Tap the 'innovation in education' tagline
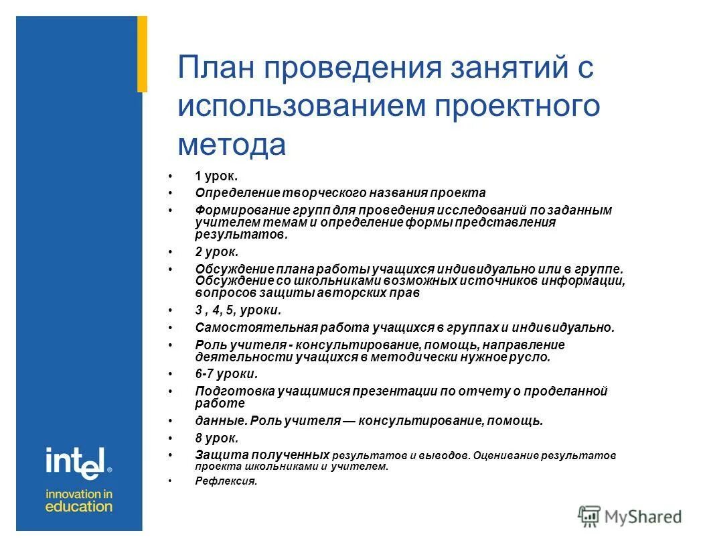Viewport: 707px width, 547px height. click(x=79, y=500)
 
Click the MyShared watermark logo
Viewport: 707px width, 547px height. click(x=630, y=516)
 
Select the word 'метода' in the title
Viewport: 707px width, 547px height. click(x=232, y=145)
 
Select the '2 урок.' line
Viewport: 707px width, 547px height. click(x=216, y=252)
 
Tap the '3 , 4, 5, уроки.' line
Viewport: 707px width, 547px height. click(x=238, y=310)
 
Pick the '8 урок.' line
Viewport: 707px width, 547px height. click(x=216, y=438)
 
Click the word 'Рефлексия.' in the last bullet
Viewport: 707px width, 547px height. click(x=226, y=481)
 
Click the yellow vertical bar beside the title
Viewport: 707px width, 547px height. click(x=142, y=54)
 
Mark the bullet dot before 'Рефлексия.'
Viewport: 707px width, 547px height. click(x=171, y=481)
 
